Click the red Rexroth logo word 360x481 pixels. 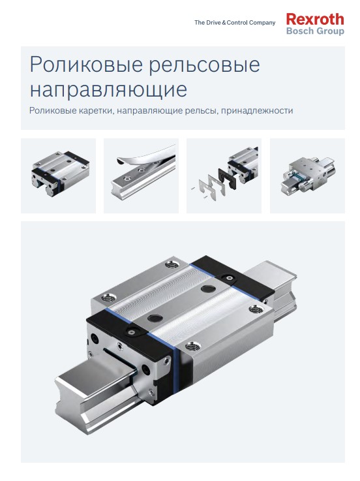(x=314, y=20)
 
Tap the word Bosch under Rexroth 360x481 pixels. (x=299, y=31)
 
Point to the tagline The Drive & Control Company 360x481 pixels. (x=235, y=23)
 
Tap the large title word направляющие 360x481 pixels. (x=108, y=89)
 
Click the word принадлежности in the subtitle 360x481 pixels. (x=257, y=111)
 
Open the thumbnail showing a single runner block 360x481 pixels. (x=58, y=175)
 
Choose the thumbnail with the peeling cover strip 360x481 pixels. (x=142, y=175)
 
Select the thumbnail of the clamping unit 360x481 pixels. (x=308, y=175)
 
